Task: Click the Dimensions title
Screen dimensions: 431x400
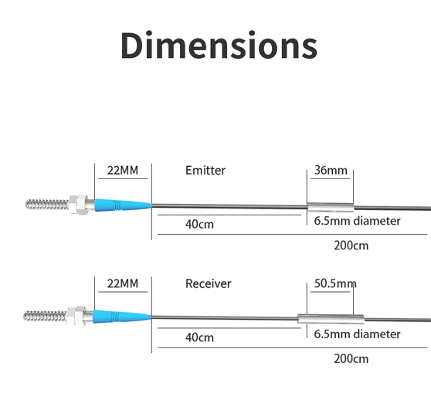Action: click(x=219, y=45)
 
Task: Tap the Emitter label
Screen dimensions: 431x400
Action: click(x=205, y=171)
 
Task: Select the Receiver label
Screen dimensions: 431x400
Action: click(x=208, y=283)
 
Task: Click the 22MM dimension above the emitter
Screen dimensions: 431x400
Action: click(x=123, y=171)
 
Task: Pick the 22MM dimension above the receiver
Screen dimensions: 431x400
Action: click(x=123, y=283)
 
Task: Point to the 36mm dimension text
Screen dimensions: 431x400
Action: click(x=331, y=171)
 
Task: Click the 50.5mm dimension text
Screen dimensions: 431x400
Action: click(x=335, y=283)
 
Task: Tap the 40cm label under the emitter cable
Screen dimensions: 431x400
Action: click(x=199, y=224)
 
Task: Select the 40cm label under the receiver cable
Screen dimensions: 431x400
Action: click(x=199, y=337)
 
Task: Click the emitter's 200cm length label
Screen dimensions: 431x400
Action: click(x=351, y=246)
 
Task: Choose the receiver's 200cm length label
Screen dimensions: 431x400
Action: click(x=351, y=358)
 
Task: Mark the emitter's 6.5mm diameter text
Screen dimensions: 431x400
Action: click(x=357, y=221)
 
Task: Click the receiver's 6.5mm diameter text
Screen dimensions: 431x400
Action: click(x=357, y=334)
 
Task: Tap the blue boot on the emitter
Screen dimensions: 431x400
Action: click(x=123, y=205)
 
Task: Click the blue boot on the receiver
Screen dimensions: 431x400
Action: click(x=121, y=317)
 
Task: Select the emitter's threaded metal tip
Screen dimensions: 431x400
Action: click(x=47, y=205)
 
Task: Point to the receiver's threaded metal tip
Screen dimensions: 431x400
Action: click(x=45, y=316)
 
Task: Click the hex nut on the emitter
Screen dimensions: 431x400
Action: click(x=78, y=205)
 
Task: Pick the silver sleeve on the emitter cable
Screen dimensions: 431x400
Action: click(x=331, y=207)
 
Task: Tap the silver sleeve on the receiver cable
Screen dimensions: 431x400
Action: click(x=331, y=319)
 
